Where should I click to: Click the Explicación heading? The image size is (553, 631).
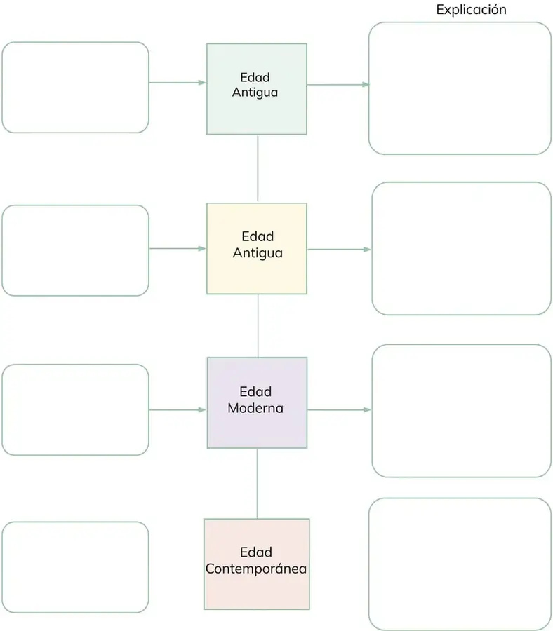click(471, 10)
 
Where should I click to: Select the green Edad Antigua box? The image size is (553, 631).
click(257, 89)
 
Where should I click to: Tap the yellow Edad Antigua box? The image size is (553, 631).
click(257, 249)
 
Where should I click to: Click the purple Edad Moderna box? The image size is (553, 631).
click(257, 403)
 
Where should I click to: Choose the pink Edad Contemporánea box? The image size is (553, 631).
click(257, 564)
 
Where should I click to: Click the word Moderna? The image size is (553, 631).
click(255, 408)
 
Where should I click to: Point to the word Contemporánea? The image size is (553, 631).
click(256, 569)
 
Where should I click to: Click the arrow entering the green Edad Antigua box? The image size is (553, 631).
click(178, 83)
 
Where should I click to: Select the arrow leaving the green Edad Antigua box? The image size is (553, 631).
click(338, 85)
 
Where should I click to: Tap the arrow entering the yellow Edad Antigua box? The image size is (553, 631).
click(178, 249)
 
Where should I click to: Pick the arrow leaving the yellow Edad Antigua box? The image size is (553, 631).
click(339, 250)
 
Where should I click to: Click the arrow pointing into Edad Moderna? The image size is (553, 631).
click(178, 409)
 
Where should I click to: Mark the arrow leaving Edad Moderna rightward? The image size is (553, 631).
click(339, 409)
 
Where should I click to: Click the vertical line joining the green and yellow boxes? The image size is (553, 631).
click(258, 168)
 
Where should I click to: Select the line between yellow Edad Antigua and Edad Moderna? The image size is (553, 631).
click(258, 326)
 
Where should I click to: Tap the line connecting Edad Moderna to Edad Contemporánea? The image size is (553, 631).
click(257, 483)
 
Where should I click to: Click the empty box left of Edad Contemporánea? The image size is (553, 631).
click(75, 567)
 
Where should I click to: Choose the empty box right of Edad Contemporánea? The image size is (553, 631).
click(460, 564)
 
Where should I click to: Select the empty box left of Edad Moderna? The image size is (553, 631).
click(75, 409)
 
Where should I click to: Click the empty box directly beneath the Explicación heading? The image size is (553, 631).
click(460, 88)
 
